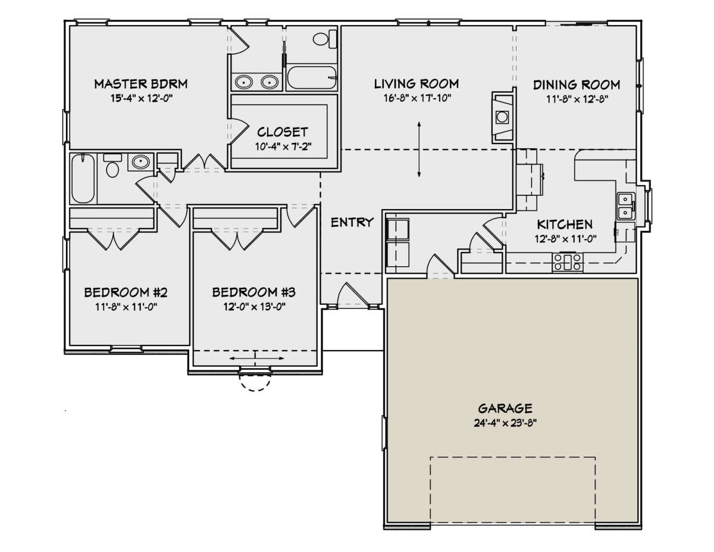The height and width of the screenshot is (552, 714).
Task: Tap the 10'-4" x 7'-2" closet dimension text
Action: pyautogui.click(x=283, y=146)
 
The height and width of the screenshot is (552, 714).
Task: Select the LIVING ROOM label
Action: pyautogui.click(x=416, y=83)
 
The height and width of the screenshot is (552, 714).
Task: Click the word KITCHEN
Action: pyautogui.click(x=565, y=224)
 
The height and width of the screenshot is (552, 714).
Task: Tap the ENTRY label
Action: pyautogui.click(x=352, y=222)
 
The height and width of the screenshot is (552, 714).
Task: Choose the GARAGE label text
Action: pyautogui.click(x=505, y=408)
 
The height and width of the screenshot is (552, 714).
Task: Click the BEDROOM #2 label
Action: pyautogui.click(x=126, y=292)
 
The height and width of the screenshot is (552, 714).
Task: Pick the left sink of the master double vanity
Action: pyautogui.click(x=243, y=82)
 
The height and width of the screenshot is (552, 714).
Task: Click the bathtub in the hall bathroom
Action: pyautogui.click(x=82, y=179)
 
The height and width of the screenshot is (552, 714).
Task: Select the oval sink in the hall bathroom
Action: pyautogui.click(x=140, y=161)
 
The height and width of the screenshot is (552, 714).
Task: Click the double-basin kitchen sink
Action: pyautogui.click(x=625, y=206)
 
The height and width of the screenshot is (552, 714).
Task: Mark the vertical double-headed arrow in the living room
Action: pyautogui.click(x=419, y=148)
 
